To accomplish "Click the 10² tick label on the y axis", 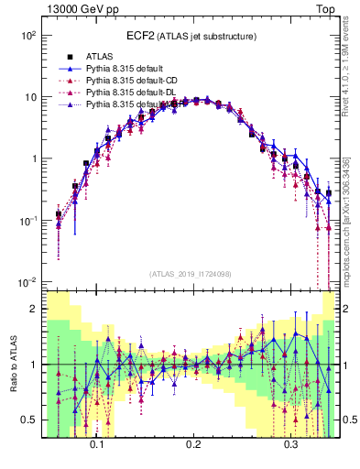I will (27, 35).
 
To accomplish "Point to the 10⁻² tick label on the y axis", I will (27, 281).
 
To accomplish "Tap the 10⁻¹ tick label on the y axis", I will (27, 220).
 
